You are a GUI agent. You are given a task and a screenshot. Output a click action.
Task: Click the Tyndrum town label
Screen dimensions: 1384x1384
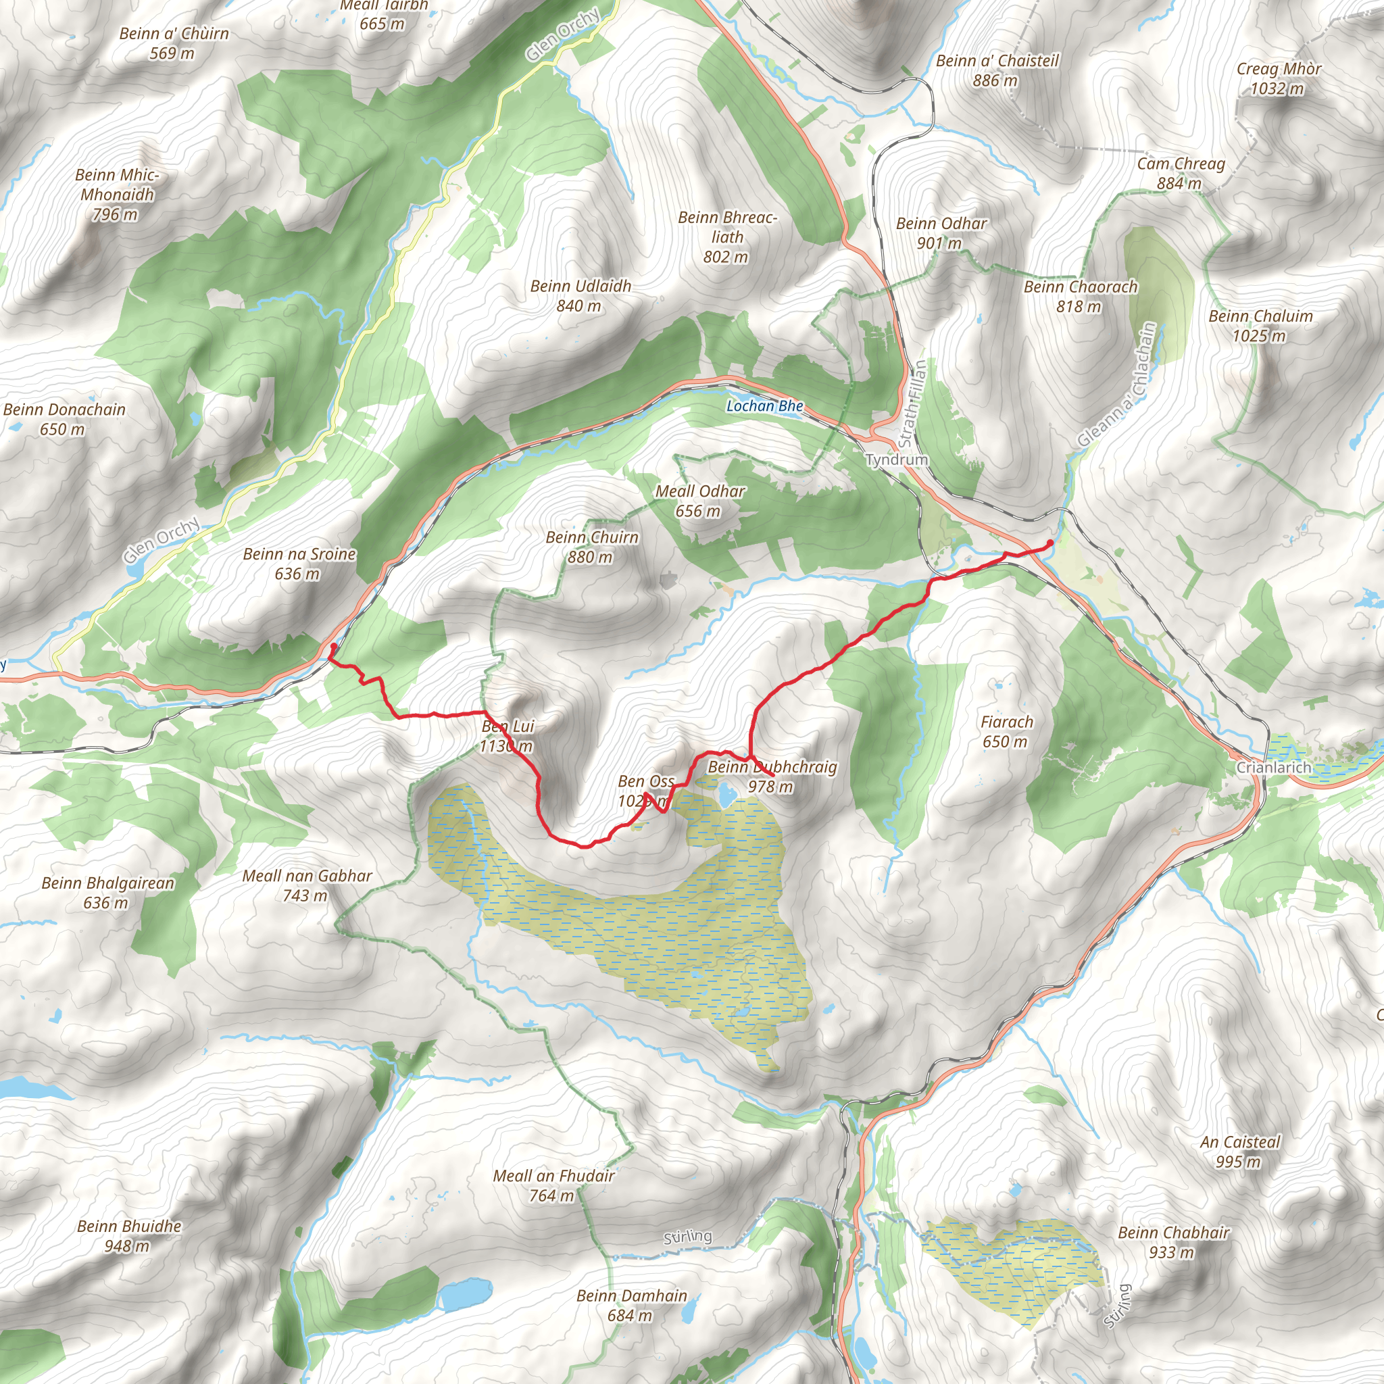[896, 459]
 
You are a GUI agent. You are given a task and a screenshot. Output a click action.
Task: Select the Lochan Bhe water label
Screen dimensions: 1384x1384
[764, 406]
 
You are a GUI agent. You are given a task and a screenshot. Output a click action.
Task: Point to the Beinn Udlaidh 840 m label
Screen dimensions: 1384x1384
[580, 296]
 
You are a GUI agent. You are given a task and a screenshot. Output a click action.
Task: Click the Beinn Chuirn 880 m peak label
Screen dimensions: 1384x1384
[592, 547]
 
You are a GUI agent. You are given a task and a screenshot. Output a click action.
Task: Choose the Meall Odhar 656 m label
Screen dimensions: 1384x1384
[700, 501]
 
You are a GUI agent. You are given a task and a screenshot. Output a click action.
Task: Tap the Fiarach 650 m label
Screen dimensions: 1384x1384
[1006, 731]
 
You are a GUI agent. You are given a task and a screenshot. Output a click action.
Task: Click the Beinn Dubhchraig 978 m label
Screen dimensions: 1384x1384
[772, 776]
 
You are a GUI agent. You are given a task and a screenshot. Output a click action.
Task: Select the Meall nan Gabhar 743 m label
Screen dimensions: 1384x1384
[307, 885]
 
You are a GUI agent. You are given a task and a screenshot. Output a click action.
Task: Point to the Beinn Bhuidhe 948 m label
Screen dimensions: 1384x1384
[129, 1236]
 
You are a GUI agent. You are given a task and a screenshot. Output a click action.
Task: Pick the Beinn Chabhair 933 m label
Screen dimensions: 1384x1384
[1173, 1242]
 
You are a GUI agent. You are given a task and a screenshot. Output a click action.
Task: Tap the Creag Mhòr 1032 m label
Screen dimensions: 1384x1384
[1279, 79]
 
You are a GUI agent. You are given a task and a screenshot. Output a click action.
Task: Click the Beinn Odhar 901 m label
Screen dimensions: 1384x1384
[941, 233]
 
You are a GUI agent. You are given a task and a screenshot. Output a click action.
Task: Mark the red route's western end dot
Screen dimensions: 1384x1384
[333, 646]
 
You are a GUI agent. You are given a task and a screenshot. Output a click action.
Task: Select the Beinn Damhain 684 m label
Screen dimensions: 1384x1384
[631, 1305]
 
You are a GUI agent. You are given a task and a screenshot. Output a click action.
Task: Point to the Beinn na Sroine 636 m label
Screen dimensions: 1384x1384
[299, 564]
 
